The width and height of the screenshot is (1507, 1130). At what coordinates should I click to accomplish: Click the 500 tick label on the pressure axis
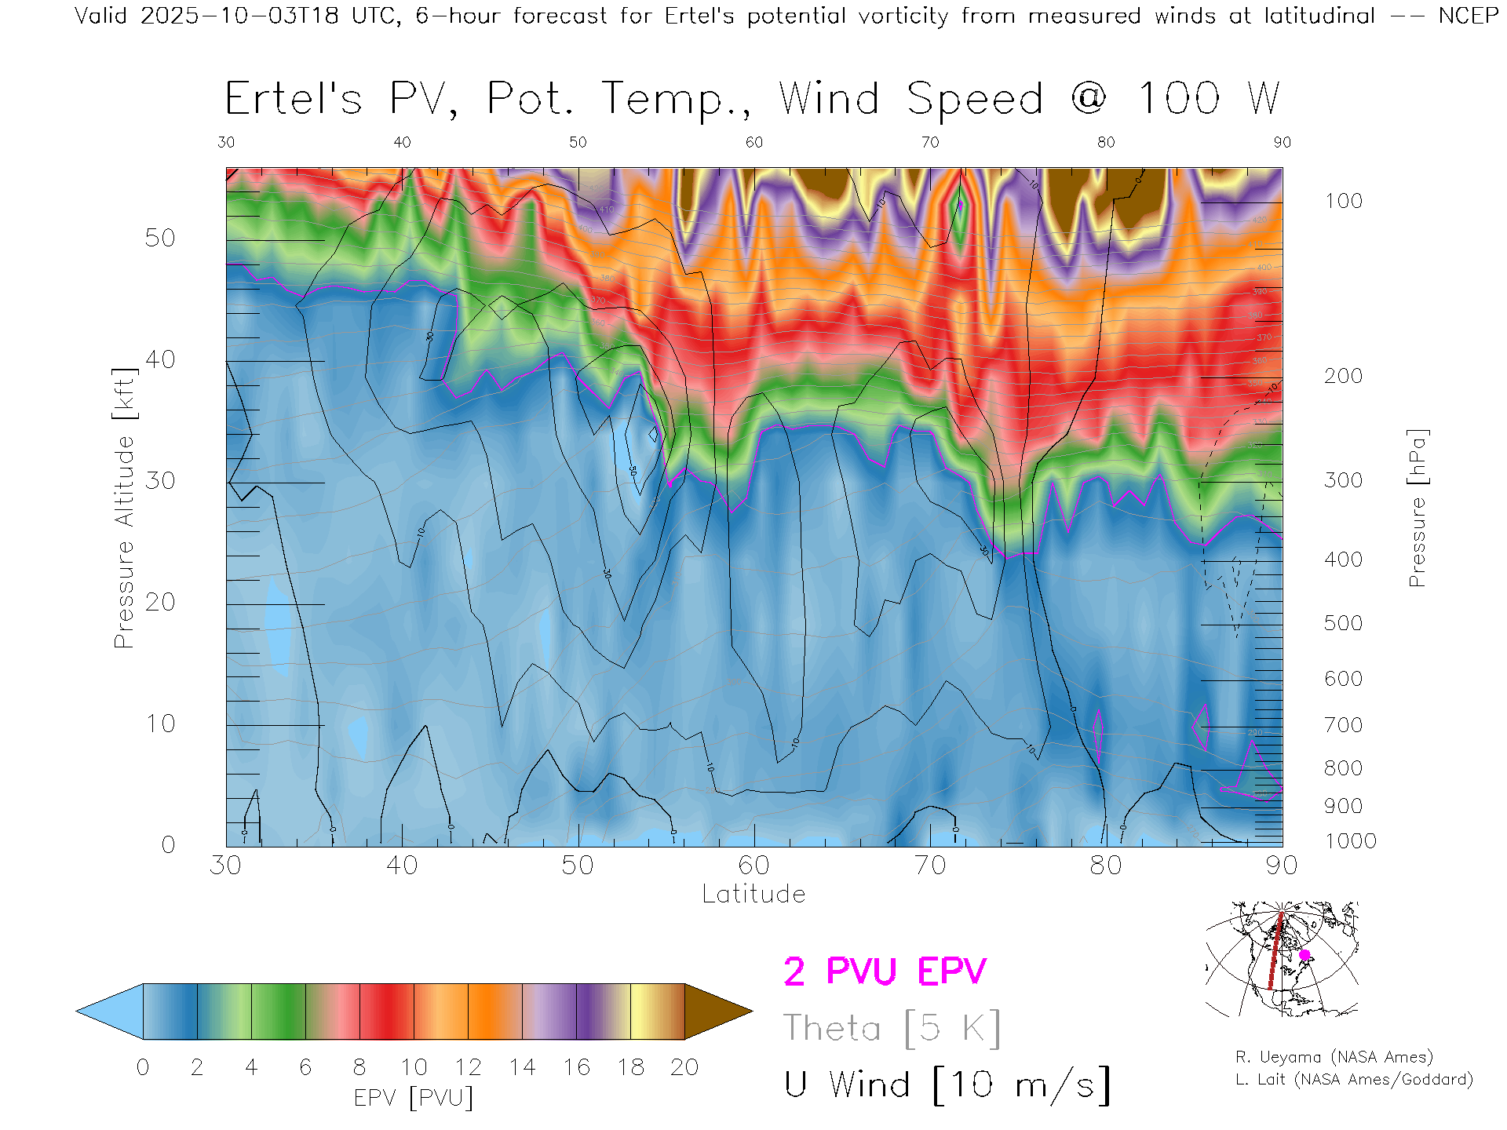pos(1343,623)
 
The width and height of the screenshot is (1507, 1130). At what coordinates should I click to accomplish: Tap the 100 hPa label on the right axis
pos(1343,201)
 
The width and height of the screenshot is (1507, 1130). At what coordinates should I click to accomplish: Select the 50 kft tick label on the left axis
pos(160,238)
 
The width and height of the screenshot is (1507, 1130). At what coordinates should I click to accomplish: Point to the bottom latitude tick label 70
pos(929,865)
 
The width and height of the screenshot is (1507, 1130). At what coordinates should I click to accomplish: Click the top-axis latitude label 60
pos(753,142)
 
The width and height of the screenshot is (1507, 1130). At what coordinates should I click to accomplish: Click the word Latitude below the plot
pos(753,894)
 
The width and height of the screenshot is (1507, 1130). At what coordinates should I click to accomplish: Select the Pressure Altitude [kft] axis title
pos(125,508)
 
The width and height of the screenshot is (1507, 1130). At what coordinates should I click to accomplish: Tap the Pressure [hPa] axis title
pos(1417,508)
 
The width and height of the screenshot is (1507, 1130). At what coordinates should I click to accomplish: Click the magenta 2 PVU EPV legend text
pos(885,971)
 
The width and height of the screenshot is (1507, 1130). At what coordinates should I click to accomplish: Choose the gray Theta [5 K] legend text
pos(892,1028)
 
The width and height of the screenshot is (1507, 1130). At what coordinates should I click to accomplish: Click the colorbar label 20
pos(684,1067)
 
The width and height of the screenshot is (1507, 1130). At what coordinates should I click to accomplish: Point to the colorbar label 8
pos(359,1067)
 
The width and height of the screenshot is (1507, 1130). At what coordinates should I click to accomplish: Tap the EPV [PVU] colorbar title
pos(414,1098)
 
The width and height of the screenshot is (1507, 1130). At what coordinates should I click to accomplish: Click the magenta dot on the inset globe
pos(1304,955)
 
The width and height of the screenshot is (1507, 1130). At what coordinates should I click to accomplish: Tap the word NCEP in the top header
pos(1467,16)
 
